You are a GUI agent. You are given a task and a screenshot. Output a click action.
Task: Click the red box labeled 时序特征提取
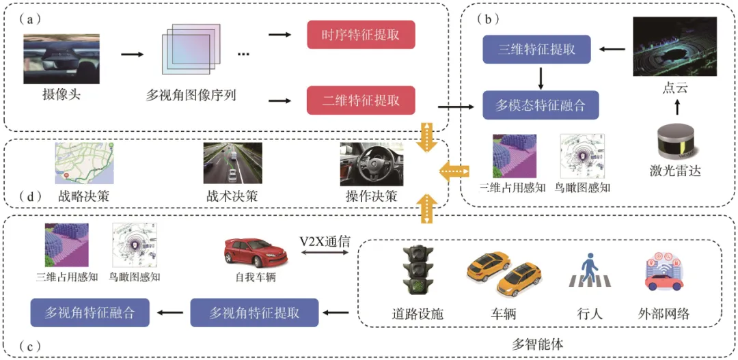click(361, 34)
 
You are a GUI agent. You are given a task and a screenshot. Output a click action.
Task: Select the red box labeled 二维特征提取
click(361, 100)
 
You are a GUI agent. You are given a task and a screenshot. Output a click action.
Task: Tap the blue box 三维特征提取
click(536, 49)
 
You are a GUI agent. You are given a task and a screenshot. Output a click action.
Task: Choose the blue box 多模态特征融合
click(541, 105)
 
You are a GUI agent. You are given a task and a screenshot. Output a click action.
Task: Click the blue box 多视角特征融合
click(90, 312)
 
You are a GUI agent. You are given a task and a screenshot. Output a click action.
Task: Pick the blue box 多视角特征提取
click(254, 312)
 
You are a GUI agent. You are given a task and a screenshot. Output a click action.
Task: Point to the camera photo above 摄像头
click(61, 59)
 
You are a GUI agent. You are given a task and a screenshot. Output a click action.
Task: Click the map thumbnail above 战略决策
click(84, 163)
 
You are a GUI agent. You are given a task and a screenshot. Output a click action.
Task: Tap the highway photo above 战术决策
click(232, 163)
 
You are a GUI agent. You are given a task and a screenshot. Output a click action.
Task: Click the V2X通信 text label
click(325, 243)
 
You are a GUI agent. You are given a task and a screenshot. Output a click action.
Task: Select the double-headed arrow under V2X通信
click(325, 253)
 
